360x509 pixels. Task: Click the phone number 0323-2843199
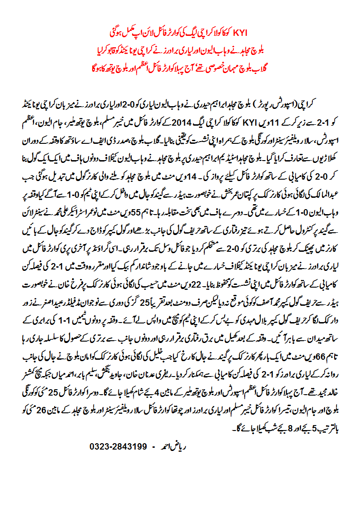(x=118, y=446)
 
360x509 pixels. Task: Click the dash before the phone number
(x=154, y=446)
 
